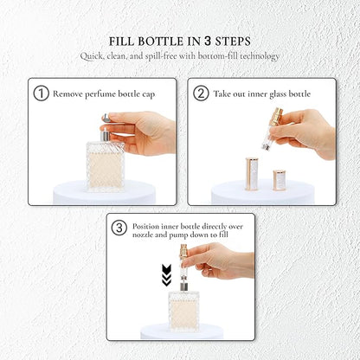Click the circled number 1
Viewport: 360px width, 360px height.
[42, 93]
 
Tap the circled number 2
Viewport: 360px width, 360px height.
[201, 93]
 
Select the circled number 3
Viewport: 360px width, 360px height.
[119, 228]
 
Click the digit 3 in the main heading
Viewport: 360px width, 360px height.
[208, 42]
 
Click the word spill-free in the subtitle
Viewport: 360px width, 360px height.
[161, 56]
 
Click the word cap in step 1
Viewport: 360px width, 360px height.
[149, 95]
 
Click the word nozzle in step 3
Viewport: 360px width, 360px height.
[143, 235]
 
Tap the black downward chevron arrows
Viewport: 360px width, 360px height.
[167, 275]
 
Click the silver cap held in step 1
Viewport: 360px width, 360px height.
[106, 118]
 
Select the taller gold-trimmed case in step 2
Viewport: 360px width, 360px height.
[252, 174]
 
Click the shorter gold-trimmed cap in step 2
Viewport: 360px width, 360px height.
[280, 180]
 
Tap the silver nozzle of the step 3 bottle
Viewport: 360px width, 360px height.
[183, 286]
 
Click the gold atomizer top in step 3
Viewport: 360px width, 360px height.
[183, 252]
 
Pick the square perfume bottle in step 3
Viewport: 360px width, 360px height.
[183, 311]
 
